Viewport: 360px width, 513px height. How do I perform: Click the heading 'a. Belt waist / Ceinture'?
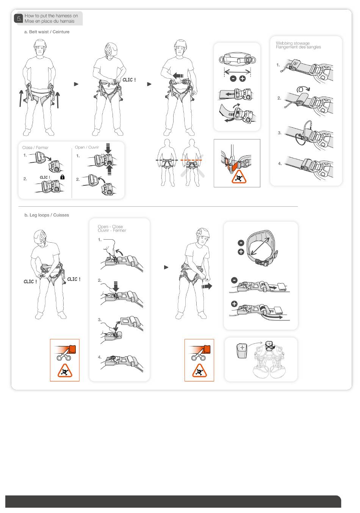47,32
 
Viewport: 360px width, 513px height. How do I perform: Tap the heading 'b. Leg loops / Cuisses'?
47,215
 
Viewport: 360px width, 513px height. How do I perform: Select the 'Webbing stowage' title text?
293,43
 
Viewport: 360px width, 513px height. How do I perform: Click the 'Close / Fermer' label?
35,148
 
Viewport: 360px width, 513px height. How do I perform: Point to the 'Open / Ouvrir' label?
87,147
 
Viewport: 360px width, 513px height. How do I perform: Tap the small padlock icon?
62,177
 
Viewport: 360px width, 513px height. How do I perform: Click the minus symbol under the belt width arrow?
233,78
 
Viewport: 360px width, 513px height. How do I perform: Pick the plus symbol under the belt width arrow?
242,78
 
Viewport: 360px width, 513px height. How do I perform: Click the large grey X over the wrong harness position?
192,165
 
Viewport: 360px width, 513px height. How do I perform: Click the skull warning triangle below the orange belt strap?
239,177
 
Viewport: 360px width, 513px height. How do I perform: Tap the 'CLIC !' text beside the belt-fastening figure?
129,80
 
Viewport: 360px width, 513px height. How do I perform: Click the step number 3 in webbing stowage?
279,133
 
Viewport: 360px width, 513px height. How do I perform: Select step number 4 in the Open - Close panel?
100,357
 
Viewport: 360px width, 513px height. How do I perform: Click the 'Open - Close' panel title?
110,226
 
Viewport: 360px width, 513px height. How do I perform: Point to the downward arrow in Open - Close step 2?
116,286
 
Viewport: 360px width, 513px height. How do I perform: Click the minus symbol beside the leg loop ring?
241,243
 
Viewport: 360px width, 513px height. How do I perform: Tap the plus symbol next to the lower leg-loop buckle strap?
234,304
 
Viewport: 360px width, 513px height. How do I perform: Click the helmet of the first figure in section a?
40,44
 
